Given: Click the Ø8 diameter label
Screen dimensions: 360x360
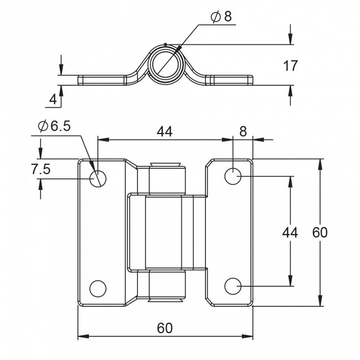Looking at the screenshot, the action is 221,17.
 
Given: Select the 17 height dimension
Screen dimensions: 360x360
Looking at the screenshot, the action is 290,66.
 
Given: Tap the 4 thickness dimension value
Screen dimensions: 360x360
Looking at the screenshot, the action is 53,99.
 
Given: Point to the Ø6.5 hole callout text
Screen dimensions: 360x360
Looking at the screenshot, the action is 54,126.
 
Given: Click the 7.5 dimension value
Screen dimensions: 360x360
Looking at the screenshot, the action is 40,170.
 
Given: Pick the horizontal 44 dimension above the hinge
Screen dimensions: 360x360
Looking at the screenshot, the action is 164,131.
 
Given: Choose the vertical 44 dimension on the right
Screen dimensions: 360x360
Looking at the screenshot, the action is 290,232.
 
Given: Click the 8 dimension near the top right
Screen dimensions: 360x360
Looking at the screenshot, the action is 243,131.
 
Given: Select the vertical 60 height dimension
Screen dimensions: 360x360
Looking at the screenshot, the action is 320,232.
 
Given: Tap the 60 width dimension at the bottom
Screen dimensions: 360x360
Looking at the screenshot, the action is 164,328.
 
